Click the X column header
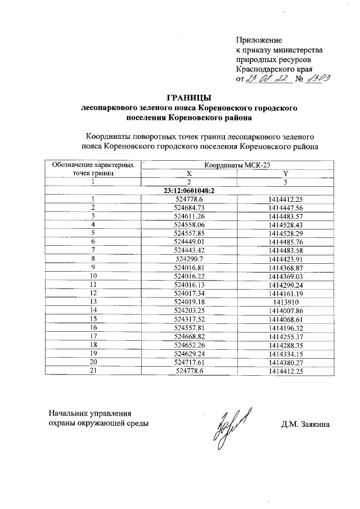[x=189, y=174]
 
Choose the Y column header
[x=286, y=174]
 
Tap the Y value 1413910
[x=286, y=301]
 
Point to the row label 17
[x=93, y=335]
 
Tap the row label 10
[x=93, y=276]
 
